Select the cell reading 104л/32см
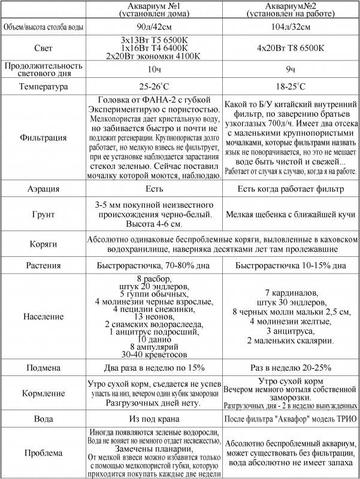pyautogui.click(x=291, y=28)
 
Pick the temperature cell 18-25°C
pyautogui.click(x=291, y=86)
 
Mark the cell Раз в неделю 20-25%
pyautogui.click(x=291, y=368)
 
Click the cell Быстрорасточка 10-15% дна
pyautogui.click(x=291, y=265)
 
